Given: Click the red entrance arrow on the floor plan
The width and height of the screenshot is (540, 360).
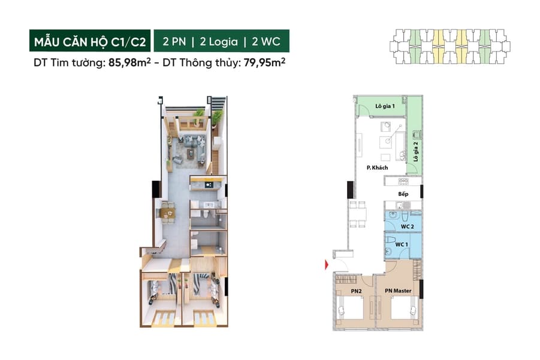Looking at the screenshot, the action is tap(327, 265).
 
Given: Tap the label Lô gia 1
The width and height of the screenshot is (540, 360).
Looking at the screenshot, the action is tap(385, 106).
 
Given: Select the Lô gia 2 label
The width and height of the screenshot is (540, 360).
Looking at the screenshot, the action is tap(416, 152).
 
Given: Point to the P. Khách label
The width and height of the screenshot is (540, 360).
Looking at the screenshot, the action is tap(377, 168).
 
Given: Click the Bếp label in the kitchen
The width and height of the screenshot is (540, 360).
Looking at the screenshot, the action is tap(403, 193).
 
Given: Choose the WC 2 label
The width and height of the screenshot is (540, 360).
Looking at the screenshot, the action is tap(407, 226).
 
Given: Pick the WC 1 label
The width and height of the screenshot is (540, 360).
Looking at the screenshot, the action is tap(402, 244).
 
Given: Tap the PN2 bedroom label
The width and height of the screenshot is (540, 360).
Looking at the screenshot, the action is tap(356, 291).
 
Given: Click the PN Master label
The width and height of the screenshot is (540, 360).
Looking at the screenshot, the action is tap(398, 291).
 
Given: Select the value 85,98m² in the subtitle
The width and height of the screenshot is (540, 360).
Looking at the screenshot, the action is tap(129, 63).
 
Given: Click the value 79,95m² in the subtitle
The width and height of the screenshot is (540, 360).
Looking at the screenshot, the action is tap(264, 63).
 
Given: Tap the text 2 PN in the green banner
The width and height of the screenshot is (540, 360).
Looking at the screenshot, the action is tap(174, 42).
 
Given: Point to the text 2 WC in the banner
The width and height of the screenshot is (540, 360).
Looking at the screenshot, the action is tap(266, 42).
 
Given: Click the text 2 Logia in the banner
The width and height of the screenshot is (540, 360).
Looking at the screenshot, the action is tap(219, 42).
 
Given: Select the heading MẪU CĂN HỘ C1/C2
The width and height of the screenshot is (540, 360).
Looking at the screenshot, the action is tap(90, 42).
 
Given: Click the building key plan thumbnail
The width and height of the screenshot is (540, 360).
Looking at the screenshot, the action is tap(450, 47).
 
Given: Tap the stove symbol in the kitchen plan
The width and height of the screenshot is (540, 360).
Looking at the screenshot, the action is tap(403, 181).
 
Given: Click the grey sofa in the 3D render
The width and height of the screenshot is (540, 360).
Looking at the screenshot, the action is tap(195, 141).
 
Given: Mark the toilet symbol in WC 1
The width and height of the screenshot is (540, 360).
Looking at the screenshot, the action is tap(391, 240).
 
